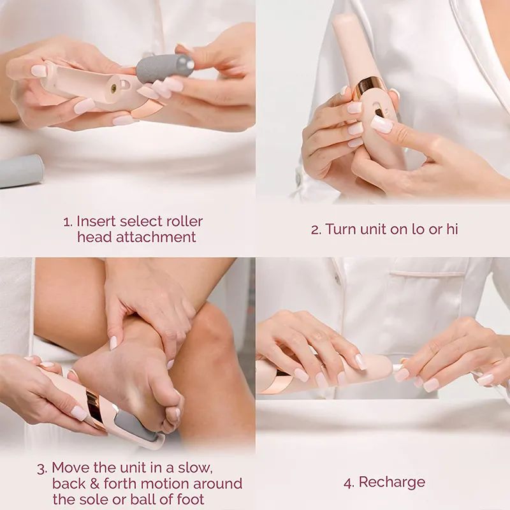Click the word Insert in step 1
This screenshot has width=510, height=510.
(x=96, y=221)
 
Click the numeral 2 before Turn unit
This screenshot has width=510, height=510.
(x=315, y=229)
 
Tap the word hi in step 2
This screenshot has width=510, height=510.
(x=451, y=229)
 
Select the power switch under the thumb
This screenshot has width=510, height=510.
(x=380, y=112)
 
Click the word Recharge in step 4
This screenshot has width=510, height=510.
(x=391, y=482)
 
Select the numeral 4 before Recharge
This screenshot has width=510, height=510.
(x=348, y=483)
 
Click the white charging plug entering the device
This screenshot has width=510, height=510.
(x=398, y=368)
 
